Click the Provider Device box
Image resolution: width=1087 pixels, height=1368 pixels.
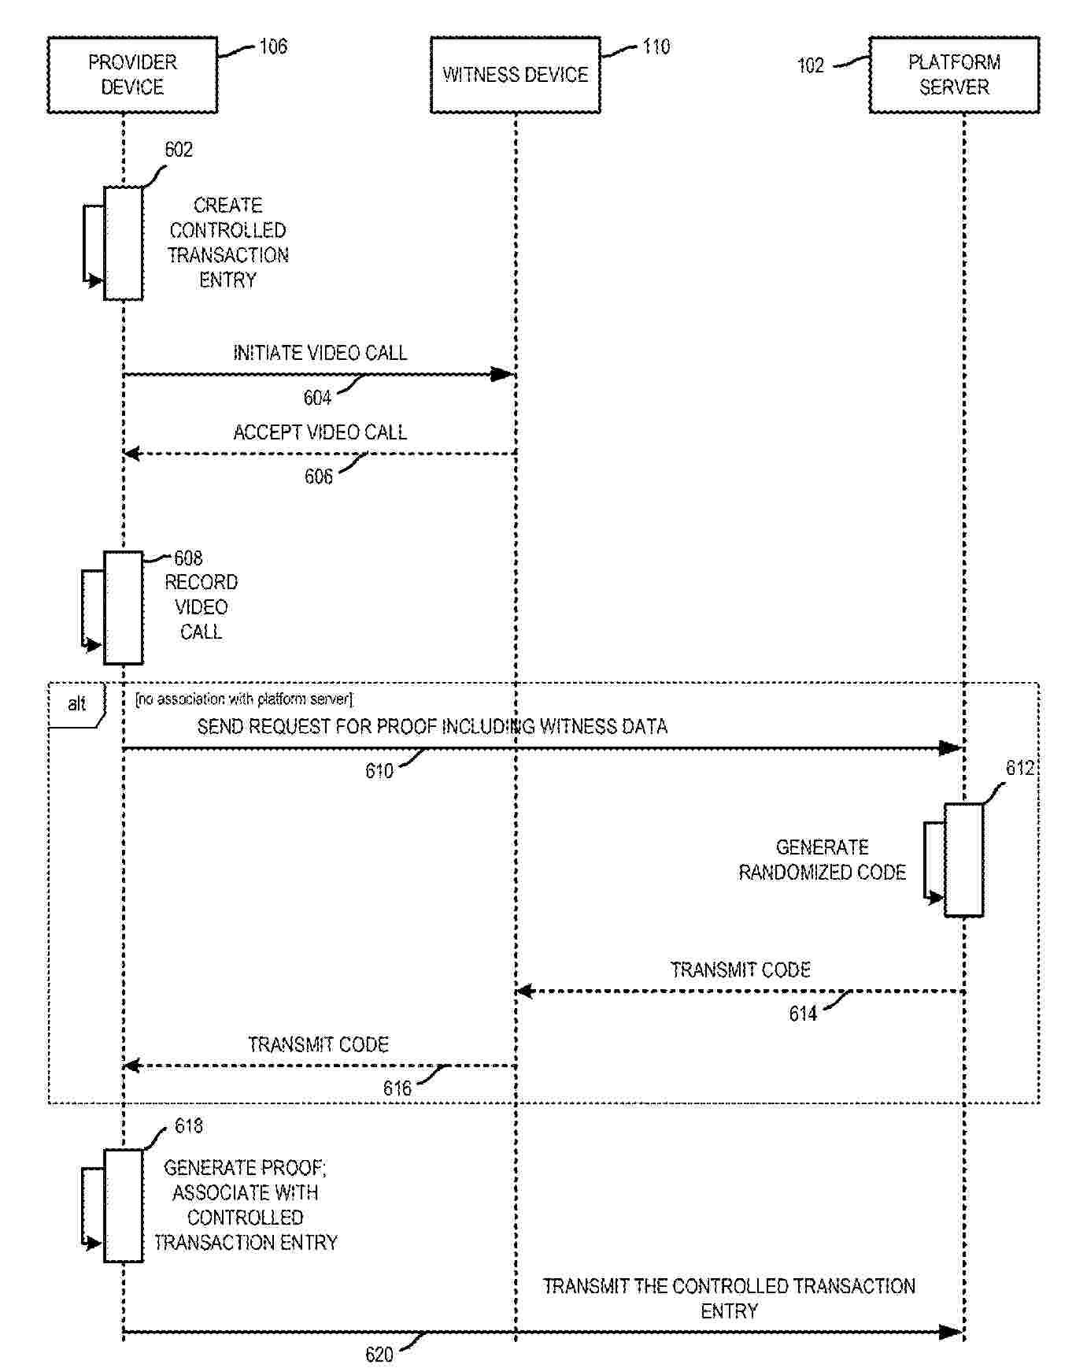point(132,75)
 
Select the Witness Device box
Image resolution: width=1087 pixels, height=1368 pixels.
point(515,75)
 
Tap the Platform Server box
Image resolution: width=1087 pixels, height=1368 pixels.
point(954,75)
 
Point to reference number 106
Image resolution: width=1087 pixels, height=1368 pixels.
point(273,46)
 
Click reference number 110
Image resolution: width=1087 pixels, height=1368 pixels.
point(656,46)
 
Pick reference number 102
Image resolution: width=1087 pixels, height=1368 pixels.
point(811,65)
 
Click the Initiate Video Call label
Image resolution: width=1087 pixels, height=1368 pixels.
point(320,353)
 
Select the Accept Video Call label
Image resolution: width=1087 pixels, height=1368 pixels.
point(320,432)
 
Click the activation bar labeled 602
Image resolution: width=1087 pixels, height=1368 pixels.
point(124,243)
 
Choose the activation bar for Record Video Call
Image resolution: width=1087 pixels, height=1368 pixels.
point(124,607)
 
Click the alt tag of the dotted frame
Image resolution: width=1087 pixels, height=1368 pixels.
point(76,704)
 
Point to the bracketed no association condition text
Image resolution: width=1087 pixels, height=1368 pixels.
point(244,699)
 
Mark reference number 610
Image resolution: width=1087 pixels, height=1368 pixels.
point(379,771)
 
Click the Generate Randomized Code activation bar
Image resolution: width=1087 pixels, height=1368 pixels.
point(963,859)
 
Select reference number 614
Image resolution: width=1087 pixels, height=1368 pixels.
point(803,1014)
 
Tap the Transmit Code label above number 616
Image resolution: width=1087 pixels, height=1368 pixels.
point(319,1045)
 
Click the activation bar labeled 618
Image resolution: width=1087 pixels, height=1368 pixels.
point(124,1205)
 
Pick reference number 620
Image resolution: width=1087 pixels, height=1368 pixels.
point(379,1355)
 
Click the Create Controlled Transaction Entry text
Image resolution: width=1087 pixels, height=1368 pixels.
point(228,243)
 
